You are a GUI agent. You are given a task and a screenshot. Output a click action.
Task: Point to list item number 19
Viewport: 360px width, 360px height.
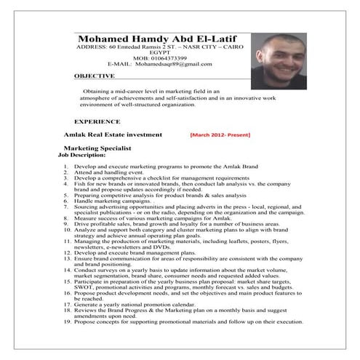pos(66,342)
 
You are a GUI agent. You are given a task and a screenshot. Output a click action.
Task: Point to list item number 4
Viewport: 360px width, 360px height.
pos(68,183)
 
